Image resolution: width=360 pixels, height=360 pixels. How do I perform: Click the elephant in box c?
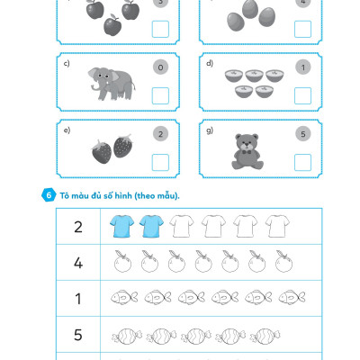coord(112,84)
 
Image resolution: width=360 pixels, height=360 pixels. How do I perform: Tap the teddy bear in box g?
coord(247,151)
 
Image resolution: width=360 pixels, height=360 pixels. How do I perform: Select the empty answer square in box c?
coord(160,95)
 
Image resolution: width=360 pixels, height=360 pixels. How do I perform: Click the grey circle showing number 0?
coord(160,67)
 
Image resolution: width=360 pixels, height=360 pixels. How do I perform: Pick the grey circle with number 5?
coord(303,134)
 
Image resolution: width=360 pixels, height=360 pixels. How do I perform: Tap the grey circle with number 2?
coord(160,134)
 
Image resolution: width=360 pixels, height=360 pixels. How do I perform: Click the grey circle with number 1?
coord(303,67)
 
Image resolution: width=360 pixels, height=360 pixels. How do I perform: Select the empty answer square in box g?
coord(302,162)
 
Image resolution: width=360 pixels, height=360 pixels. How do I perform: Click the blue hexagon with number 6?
coord(49,195)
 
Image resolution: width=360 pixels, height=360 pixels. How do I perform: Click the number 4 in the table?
coord(78,263)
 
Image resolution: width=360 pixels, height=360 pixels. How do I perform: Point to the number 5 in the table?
coord(78,335)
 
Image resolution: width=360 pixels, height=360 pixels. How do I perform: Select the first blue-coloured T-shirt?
coord(121,226)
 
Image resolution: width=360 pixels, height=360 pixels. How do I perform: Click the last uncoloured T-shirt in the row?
coord(277,226)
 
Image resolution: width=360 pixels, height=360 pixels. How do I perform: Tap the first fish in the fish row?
coord(124,297)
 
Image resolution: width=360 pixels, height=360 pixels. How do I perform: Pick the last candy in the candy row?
coord(265,336)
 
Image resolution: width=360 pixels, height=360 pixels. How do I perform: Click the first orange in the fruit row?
coord(122,262)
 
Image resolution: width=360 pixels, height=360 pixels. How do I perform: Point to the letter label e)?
coord(67,130)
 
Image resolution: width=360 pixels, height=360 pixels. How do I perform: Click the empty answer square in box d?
coord(302,95)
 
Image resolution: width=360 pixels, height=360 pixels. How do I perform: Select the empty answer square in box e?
coord(160,162)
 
